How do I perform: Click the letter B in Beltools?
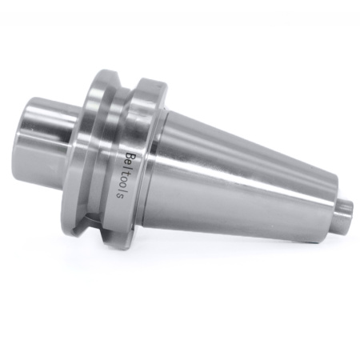click(x=130, y=156)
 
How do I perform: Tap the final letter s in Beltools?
click(x=121, y=196)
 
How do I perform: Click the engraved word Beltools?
click(x=126, y=176)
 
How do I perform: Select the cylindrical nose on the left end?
click(x=46, y=135)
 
